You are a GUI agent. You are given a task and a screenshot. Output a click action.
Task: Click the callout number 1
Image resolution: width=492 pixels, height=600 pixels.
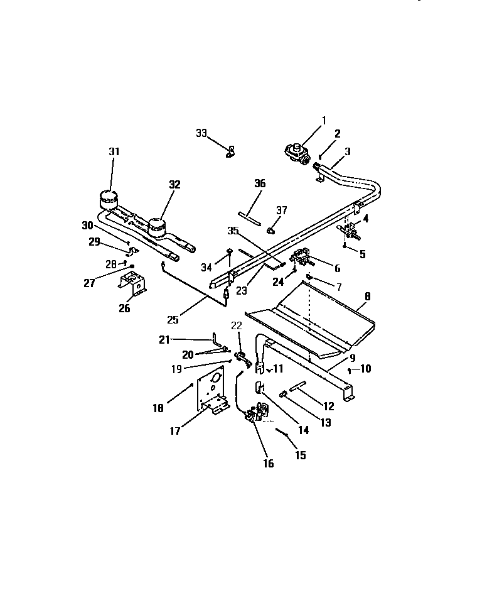coord(324,121)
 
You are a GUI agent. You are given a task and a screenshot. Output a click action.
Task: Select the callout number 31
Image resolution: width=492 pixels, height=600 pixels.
coord(114,151)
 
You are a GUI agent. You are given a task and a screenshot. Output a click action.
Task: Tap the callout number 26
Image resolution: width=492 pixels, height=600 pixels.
coord(124,308)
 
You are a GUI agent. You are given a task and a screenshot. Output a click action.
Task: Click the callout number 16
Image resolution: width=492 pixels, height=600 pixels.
coord(268,464)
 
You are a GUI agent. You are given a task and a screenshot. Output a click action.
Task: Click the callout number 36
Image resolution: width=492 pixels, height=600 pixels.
coord(260,183)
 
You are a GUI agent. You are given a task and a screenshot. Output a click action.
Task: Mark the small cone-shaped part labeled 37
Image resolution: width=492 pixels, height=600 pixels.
coord(270,230)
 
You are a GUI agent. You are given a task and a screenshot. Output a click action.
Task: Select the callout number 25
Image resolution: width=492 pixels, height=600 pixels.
coord(173,319)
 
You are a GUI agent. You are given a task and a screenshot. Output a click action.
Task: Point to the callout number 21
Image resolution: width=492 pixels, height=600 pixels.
coord(164,340)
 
